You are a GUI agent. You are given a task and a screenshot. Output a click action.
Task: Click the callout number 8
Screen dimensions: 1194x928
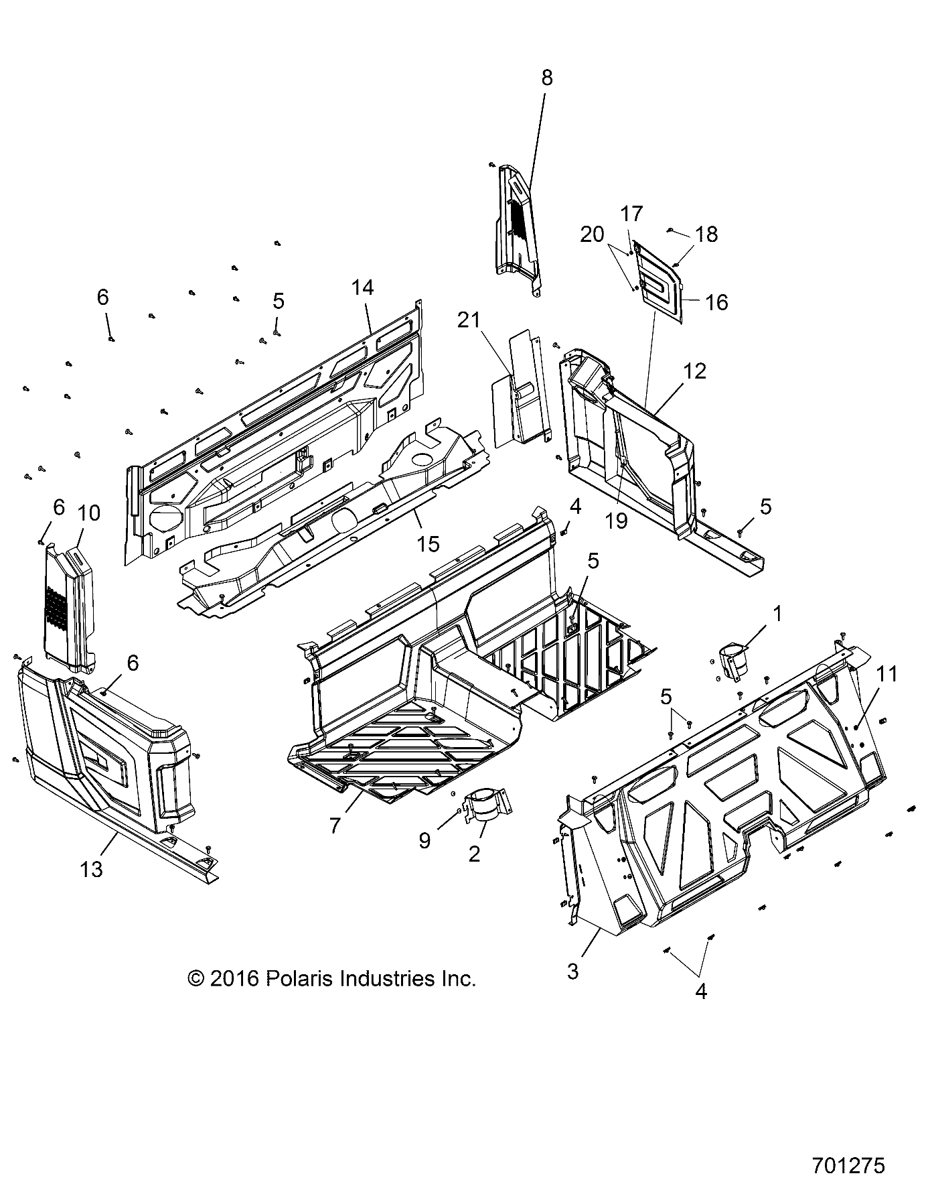point(547,78)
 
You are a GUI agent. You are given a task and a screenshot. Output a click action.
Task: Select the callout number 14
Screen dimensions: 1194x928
point(362,287)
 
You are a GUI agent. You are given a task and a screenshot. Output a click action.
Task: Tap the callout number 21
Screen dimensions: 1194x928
point(469,320)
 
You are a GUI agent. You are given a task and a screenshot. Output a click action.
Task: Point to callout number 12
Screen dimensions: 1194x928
point(695,371)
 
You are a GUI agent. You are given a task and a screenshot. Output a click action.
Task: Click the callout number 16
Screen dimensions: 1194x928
point(716,302)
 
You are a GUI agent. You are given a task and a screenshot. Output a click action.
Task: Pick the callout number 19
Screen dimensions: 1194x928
point(616,520)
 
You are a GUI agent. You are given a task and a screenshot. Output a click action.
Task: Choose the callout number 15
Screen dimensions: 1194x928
point(428,543)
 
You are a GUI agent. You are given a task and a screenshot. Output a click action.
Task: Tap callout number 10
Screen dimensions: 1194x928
point(88,513)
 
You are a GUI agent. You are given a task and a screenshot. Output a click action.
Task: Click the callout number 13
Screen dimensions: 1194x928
point(91,869)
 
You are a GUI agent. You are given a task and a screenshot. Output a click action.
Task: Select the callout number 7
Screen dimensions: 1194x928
point(335,825)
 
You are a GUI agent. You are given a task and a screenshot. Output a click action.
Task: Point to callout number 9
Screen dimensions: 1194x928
point(424,840)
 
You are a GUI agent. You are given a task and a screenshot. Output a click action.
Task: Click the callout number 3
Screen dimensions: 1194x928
point(572,971)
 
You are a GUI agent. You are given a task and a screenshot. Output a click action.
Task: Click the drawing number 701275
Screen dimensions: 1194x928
point(848,1165)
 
